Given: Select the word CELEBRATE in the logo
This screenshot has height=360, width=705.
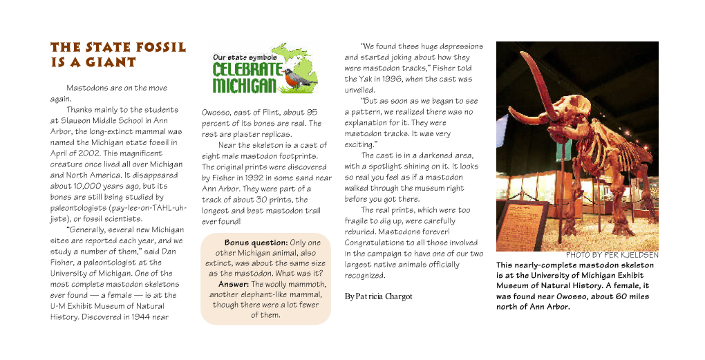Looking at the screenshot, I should pyautogui.click(x=247, y=70).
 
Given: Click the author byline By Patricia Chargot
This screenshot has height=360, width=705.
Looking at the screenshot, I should pyautogui.click(x=378, y=296).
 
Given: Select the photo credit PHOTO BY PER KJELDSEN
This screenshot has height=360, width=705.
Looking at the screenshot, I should pyautogui.click(x=612, y=255).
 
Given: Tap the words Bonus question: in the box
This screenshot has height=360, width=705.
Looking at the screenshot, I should pyautogui.click(x=256, y=243).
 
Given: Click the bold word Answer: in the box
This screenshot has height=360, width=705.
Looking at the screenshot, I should pyautogui.click(x=234, y=284).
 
